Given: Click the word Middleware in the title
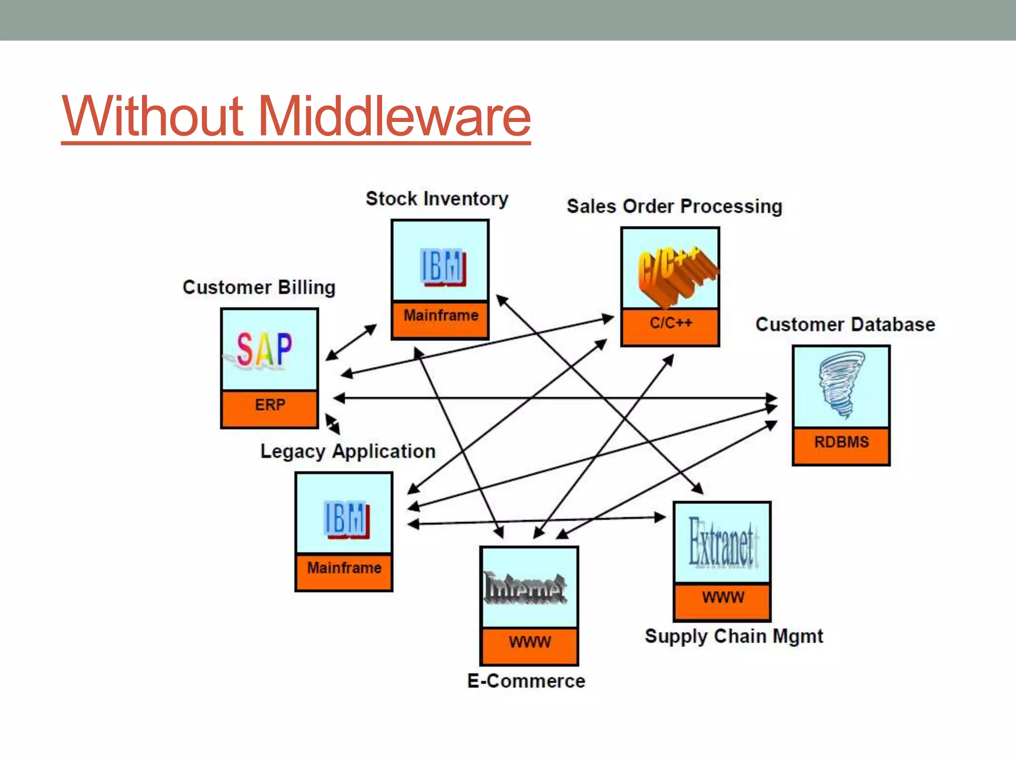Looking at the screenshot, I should pyautogui.click(x=394, y=117).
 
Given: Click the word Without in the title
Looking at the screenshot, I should pyautogui.click(x=153, y=117).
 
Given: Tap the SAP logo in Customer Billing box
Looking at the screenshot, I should pyautogui.click(x=264, y=350).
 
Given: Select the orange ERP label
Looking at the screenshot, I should pyautogui.click(x=270, y=405).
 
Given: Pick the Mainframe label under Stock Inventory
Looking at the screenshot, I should pyautogui.click(x=441, y=316).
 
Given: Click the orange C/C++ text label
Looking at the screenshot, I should pyautogui.click(x=671, y=323).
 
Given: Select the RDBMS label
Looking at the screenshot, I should pyautogui.click(x=841, y=442).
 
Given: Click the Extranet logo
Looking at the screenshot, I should pyautogui.click(x=722, y=543).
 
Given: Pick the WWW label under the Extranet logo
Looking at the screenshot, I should pyautogui.click(x=723, y=597).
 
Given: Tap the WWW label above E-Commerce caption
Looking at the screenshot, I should pyautogui.click(x=529, y=642).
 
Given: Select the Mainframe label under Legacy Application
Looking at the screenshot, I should pyautogui.click(x=344, y=568).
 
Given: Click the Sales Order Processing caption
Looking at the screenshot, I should pyautogui.click(x=674, y=206).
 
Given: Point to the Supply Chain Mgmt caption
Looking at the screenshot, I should pyautogui.click(x=734, y=636).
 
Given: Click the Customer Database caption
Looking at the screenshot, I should pyautogui.click(x=845, y=324).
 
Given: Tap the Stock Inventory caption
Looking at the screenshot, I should pyautogui.click(x=437, y=198).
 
